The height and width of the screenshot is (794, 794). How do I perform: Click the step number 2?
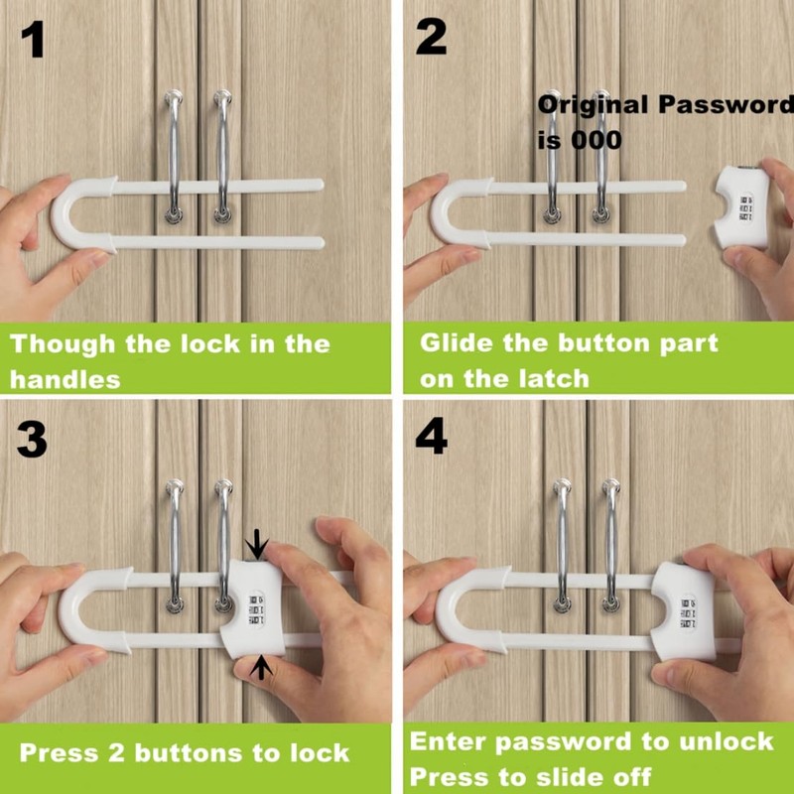coord(431,37)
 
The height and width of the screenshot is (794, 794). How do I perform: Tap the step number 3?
coord(32,440)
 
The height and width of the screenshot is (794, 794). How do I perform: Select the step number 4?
coord(431,438)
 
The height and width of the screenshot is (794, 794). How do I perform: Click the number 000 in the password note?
coord(597,140)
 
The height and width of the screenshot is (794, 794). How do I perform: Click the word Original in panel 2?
coord(593,104)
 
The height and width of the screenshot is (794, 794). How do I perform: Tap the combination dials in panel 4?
coord(689,611)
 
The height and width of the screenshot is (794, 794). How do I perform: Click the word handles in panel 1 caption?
coord(65,378)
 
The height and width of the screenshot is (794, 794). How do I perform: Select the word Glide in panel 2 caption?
coord(458,343)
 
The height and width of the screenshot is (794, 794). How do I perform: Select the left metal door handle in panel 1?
coord(175,154)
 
